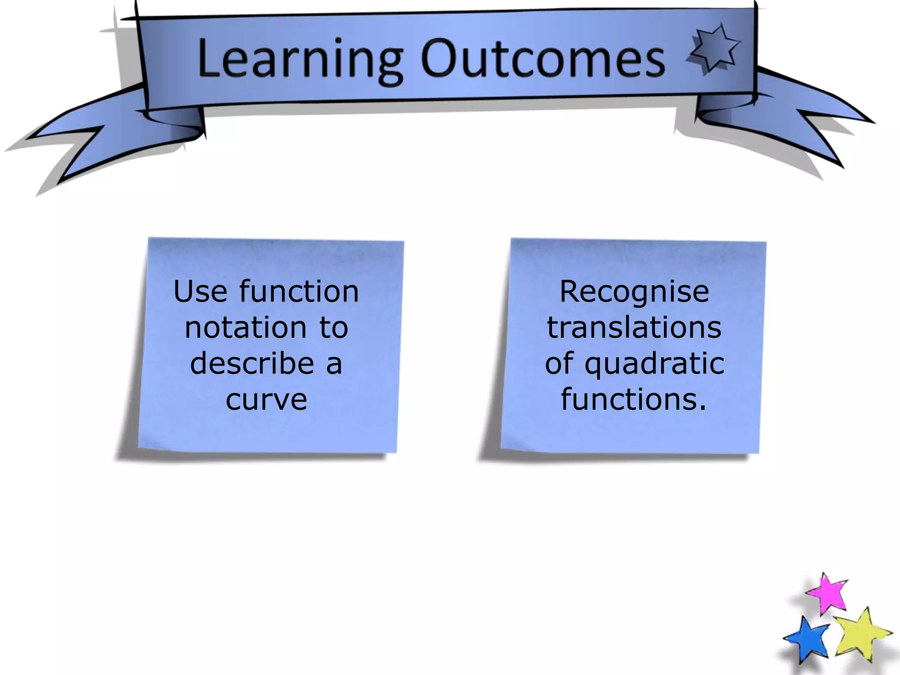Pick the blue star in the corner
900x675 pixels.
click(x=808, y=639)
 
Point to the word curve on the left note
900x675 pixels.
click(x=266, y=399)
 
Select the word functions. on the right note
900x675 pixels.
click(x=634, y=399)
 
